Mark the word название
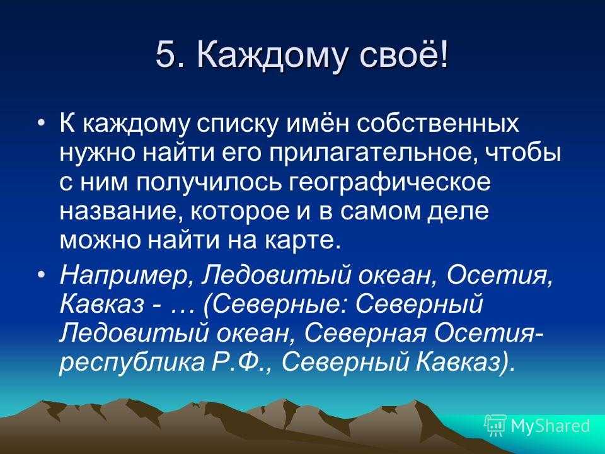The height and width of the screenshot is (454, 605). click(122, 212)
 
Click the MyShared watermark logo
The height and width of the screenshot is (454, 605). click(538, 425)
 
